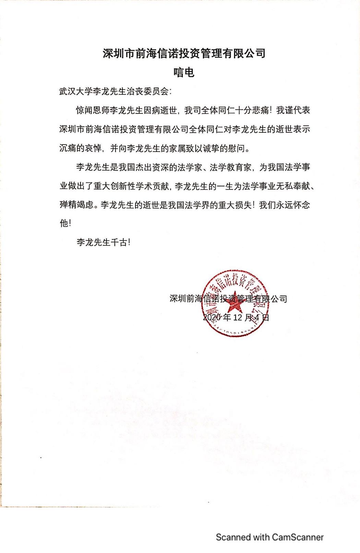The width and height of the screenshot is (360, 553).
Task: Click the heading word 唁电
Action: click(184, 72)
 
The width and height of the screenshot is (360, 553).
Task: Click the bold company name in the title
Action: click(184, 53)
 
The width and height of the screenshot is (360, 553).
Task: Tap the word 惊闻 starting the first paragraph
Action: click(84, 111)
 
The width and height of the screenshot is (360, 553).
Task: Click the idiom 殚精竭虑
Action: click(76, 205)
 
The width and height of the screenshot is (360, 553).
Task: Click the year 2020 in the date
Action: click(212, 317)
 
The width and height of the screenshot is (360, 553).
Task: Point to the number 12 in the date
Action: click(238, 317)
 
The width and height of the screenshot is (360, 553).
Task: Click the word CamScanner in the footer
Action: click(298, 537)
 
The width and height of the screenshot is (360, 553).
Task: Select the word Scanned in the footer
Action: click(233, 537)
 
